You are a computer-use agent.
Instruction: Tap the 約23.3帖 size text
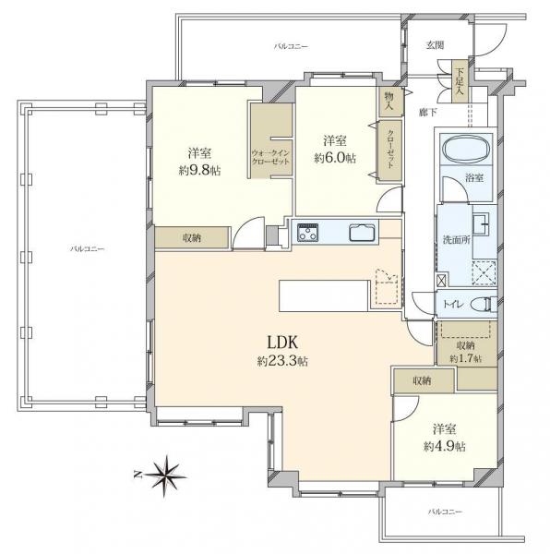pyautogui.click(x=282, y=361)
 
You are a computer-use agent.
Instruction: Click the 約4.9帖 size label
pyautogui.click(x=446, y=446)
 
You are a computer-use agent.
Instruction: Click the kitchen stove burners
pyautogui.click(x=306, y=233)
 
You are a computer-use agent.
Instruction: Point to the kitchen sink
pyautogui.click(x=360, y=233)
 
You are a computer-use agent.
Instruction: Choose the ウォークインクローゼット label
pyautogui.click(x=270, y=157)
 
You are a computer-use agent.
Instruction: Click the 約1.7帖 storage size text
pyautogui.click(x=464, y=356)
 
